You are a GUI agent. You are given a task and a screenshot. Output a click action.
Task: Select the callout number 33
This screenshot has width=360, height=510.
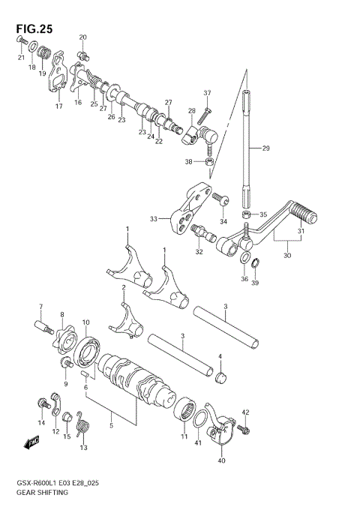(153, 219)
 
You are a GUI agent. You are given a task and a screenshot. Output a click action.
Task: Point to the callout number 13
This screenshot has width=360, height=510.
(83, 448)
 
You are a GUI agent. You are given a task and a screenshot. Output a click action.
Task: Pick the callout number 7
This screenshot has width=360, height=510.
(41, 306)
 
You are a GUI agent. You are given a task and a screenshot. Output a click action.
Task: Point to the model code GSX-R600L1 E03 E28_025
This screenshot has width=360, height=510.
(63, 481)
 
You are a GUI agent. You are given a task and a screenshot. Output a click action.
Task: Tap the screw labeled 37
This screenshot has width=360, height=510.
(207, 111)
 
